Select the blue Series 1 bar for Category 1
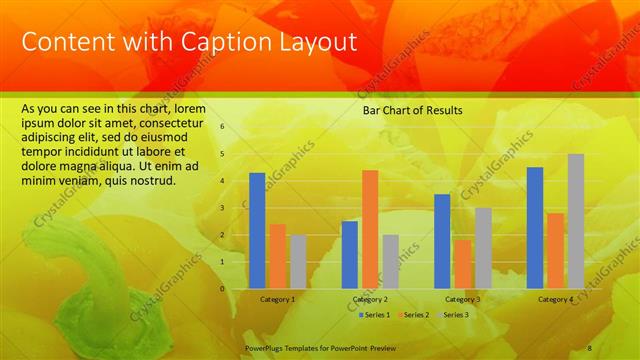[x=257, y=230]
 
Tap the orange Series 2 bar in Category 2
[x=370, y=228]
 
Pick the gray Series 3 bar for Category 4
[x=576, y=221]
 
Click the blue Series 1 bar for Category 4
[x=535, y=227]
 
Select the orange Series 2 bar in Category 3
[x=462, y=264]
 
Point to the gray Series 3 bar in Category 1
[x=298, y=261]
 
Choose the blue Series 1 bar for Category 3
[x=442, y=241]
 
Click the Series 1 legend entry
[x=375, y=315]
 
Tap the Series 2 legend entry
[x=415, y=315]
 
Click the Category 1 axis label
[x=277, y=299]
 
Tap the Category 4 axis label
[x=555, y=299]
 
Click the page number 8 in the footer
[x=589, y=346]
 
